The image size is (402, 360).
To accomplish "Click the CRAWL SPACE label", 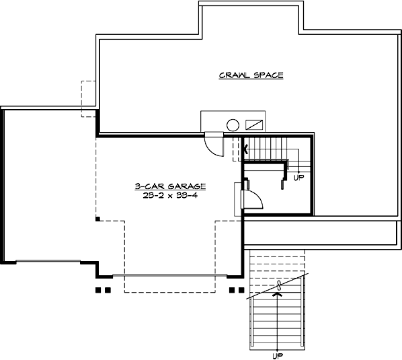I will (x=251, y=75).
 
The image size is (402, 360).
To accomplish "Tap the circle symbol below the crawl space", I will (x=233, y=124).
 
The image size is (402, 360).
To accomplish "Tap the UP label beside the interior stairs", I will (x=300, y=178).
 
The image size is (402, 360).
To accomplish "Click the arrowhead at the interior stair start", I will (x=245, y=147).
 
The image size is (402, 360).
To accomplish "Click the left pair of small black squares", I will (x=102, y=291).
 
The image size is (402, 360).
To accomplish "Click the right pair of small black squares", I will (x=236, y=291).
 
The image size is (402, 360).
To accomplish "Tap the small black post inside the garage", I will (x=98, y=219).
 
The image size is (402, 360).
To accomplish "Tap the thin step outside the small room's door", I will (x=238, y=199).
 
